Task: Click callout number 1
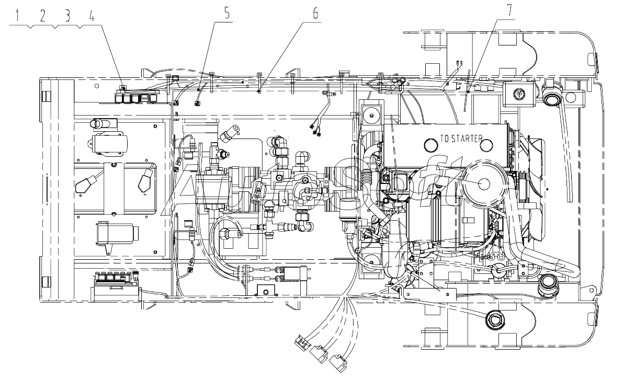tap(17, 16)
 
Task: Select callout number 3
tap(67, 16)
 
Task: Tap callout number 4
tap(92, 16)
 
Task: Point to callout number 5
tap(227, 13)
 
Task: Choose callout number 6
tap(315, 13)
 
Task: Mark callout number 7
tap(509, 11)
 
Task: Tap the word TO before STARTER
tap(444, 139)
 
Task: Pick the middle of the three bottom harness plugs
tap(319, 354)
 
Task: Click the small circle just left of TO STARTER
tap(431, 145)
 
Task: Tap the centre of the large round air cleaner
tap(484, 183)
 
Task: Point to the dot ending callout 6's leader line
tap(259, 91)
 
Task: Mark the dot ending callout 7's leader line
tap(469, 92)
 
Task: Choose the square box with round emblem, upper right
tap(518, 94)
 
